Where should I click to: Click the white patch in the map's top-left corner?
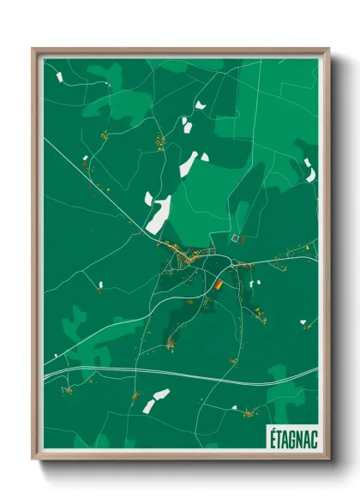click(x=60, y=76)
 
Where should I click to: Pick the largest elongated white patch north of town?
click(x=159, y=214)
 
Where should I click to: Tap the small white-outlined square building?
click(x=235, y=237)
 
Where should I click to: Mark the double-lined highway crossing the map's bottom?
click(x=171, y=370)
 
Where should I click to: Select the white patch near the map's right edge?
click(x=309, y=172)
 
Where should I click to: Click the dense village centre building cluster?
click(x=189, y=256)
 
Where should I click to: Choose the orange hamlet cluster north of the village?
click(x=159, y=141)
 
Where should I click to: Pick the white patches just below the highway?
click(x=155, y=399)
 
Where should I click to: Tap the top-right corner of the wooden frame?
click(x=328, y=50)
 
